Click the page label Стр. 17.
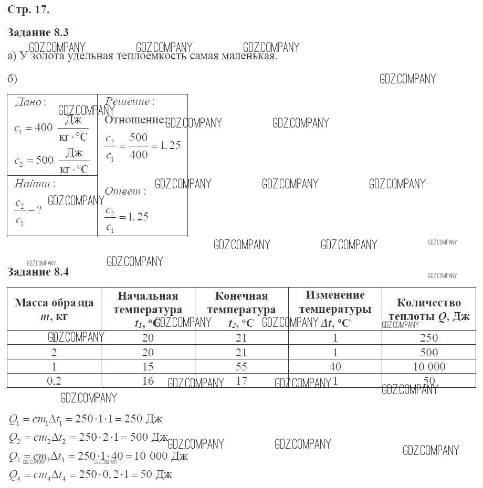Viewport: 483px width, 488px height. click(x=28, y=9)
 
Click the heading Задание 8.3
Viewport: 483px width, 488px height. click(x=38, y=33)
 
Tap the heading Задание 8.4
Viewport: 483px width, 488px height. click(x=38, y=272)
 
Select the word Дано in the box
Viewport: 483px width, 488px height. click(x=28, y=102)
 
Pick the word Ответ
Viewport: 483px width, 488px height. click(x=123, y=191)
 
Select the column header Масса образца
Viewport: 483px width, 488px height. click(x=54, y=303)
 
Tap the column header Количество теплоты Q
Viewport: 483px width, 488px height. click(x=428, y=309)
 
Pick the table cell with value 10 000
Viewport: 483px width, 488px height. click(x=428, y=367)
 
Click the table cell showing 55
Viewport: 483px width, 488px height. click(x=241, y=367)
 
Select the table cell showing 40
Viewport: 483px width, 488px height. click(x=335, y=367)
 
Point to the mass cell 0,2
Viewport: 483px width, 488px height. click(x=54, y=381)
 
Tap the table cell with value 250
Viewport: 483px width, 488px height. click(x=428, y=338)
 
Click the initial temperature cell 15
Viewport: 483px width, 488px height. click(x=148, y=367)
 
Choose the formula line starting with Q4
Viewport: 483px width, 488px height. click(x=90, y=475)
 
